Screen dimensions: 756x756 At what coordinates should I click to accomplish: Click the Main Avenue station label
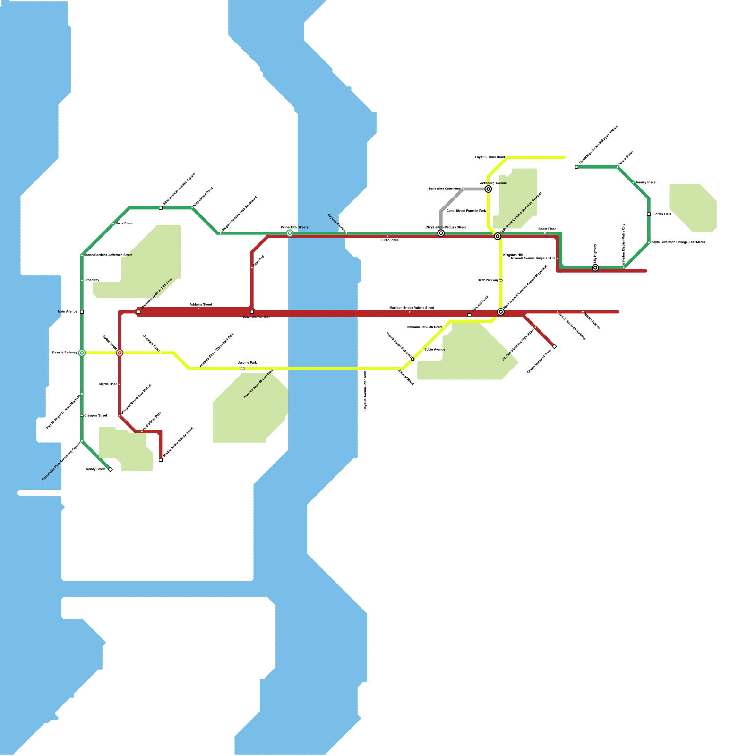click(68, 312)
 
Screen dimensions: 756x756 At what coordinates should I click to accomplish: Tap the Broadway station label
click(92, 281)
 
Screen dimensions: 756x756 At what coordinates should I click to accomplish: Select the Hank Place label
click(124, 223)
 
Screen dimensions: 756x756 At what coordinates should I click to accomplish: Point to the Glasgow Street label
click(95, 416)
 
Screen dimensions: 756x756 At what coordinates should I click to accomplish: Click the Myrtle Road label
click(108, 384)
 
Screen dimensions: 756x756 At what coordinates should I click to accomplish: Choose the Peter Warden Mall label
click(257, 318)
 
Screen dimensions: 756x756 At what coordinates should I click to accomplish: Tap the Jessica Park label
click(247, 363)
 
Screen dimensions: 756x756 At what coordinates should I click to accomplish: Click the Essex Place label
click(547, 229)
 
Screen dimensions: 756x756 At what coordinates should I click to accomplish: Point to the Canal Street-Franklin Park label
click(466, 211)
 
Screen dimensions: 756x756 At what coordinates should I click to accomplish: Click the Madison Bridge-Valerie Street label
click(412, 308)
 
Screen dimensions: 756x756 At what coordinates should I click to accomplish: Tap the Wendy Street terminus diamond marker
click(110, 469)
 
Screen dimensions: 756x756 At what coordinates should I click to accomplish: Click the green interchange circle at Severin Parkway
click(82, 353)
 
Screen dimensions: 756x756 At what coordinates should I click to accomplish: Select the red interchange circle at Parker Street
click(120, 353)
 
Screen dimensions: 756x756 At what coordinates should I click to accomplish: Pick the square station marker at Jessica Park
click(242, 369)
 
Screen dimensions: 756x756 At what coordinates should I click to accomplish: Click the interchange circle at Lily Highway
click(595, 268)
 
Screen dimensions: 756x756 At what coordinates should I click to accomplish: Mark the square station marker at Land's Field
click(649, 214)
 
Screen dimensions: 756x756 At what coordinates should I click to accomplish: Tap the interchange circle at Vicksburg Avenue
click(488, 189)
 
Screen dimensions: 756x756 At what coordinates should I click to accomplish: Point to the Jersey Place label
click(645, 182)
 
